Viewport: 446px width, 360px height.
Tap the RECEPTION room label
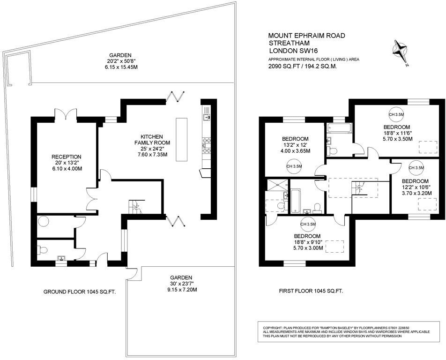67,157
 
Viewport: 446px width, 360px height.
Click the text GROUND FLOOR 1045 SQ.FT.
80,292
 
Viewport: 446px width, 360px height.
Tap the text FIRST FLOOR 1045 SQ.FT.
311,291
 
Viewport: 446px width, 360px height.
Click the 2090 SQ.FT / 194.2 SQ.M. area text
303,67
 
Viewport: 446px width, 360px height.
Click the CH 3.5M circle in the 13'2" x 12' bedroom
294,166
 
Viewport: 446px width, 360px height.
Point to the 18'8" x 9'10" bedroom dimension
307,242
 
